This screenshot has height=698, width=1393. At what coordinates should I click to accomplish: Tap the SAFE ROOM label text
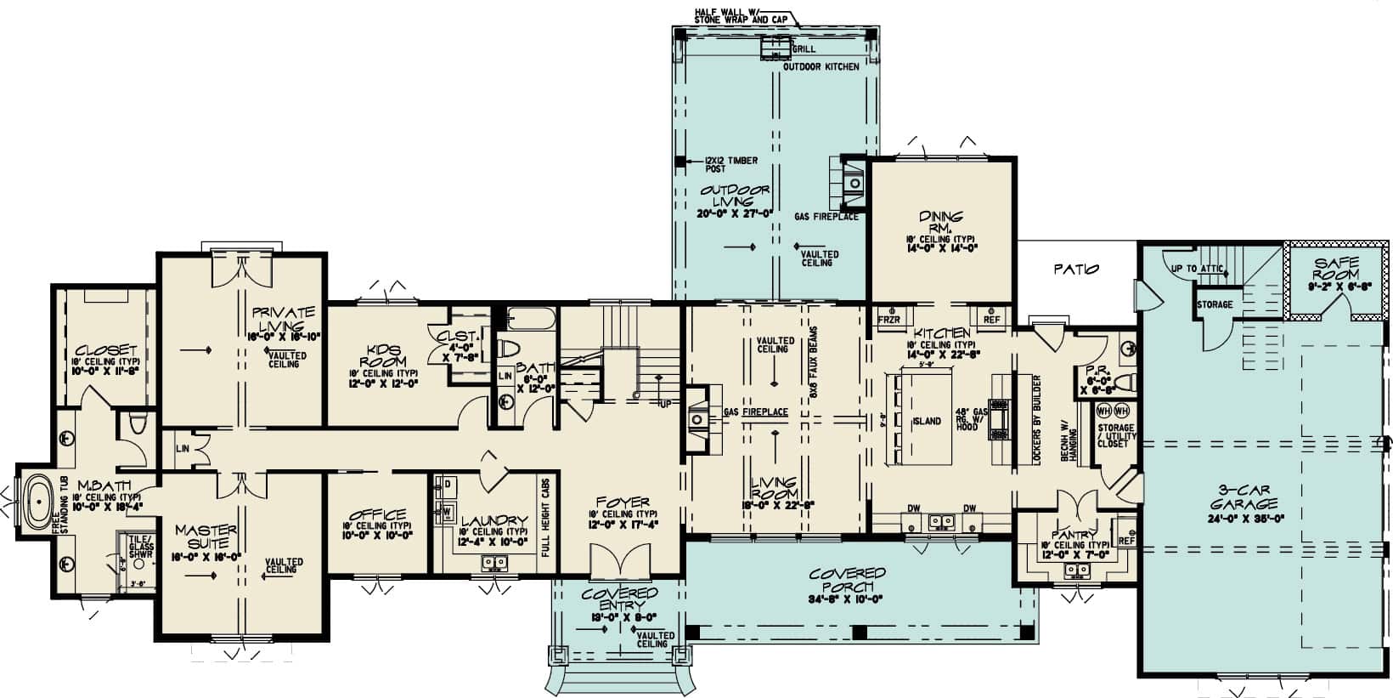pyautogui.click(x=1336, y=270)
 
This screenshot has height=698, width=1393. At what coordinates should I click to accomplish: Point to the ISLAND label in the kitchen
pyautogui.click(x=927, y=421)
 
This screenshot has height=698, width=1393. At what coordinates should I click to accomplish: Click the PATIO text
pyautogui.click(x=1076, y=270)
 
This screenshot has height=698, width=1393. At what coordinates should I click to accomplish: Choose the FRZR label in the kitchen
pyautogui.click(x=889, y=320)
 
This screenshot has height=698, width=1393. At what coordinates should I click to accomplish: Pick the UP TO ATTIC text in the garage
pyautogui.click(x=1198, y=269)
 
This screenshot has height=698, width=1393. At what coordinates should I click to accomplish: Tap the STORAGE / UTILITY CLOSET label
pyautogui.click(x=1115, y=435)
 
